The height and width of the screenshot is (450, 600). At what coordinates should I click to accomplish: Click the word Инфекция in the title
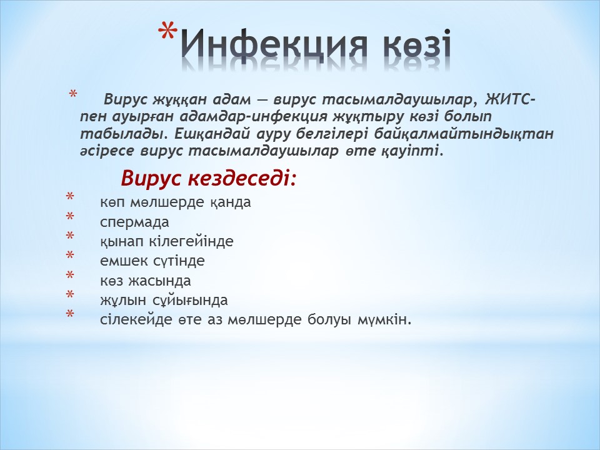click(x=274, y=46)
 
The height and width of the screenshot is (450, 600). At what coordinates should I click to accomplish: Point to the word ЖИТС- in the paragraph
click(x=510, y=100)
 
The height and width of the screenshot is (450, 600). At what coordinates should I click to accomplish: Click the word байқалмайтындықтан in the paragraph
click(x=464, y=134)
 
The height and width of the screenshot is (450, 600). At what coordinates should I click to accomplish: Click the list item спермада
click(x=134, y=222)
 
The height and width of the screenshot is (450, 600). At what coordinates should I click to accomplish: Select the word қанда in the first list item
click(x=231, y=202)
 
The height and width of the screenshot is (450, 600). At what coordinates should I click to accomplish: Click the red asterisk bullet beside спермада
click(x=70, y=217)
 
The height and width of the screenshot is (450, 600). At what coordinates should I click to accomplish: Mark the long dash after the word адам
click(x=262, y=100)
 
